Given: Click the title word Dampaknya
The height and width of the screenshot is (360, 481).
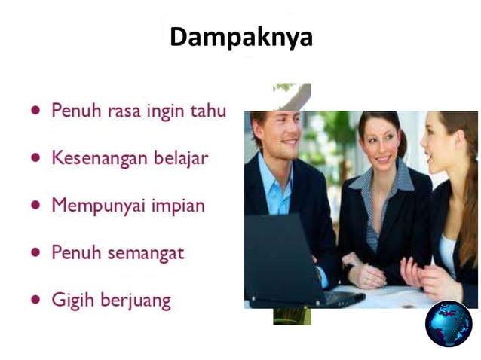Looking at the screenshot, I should click(x=240, y=37).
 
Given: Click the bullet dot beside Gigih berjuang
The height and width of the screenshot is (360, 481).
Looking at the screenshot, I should click(x=35, y=299).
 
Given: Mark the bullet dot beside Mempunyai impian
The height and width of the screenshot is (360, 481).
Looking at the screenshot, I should click(x=35, y=204).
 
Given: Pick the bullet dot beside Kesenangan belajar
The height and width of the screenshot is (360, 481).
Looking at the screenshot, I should click(x=35, y=157).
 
